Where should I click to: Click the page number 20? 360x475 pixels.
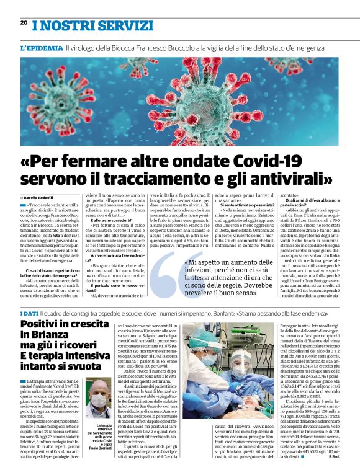pos(24,22)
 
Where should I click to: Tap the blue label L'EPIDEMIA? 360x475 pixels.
pos(41,47)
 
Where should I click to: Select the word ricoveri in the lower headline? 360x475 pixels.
pos(83,353)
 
